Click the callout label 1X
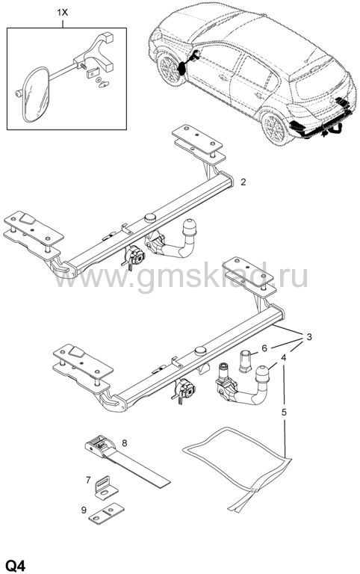click(62, 13)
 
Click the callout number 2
click(243, 182)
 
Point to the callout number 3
click(309, 337)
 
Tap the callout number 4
click(284, 358)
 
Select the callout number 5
click(284, 413)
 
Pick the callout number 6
click(264, 348)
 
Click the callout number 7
click(88, 480)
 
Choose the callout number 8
click(125, 443)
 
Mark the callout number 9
click(84, 510)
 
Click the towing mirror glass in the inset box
click(36, 94)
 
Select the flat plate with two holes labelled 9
click(107, 513)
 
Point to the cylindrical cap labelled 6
click(245, 360)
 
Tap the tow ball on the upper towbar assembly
click(191, 228)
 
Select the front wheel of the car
click(170, 70)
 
